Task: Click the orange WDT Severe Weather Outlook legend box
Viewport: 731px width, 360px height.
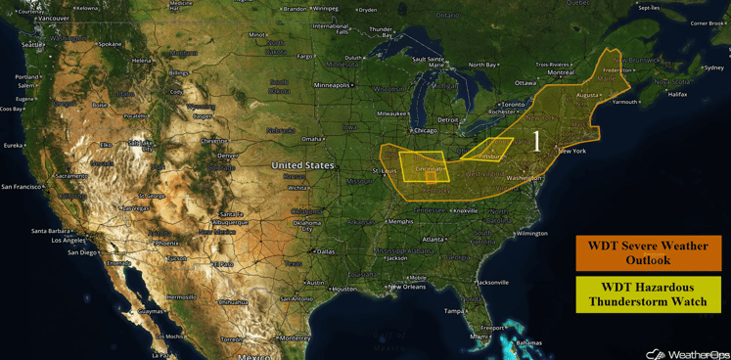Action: pos(648,252)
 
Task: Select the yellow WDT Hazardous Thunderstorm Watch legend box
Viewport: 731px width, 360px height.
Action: pos(648,294)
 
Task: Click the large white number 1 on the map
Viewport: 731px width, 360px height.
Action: pos(536,141)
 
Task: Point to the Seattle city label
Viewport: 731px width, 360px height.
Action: pos(32,45)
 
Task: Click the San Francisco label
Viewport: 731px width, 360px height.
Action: pos(23,186)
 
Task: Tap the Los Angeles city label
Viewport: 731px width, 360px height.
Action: pos(69,240)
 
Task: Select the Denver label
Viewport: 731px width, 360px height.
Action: pos(228,156)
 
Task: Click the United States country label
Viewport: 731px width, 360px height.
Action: pos(302,165)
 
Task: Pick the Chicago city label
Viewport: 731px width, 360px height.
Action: pos(426,130)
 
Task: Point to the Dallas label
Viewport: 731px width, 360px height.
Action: pos(325,251)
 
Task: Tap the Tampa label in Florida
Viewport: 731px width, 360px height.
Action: pos(453,311)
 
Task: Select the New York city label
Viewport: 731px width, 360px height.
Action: pos(572,151)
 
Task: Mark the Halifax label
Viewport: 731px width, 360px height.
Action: pos(677,94)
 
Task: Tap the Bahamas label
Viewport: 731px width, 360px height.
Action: pos(528,342)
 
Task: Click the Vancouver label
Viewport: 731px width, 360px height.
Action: pos(53,18)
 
